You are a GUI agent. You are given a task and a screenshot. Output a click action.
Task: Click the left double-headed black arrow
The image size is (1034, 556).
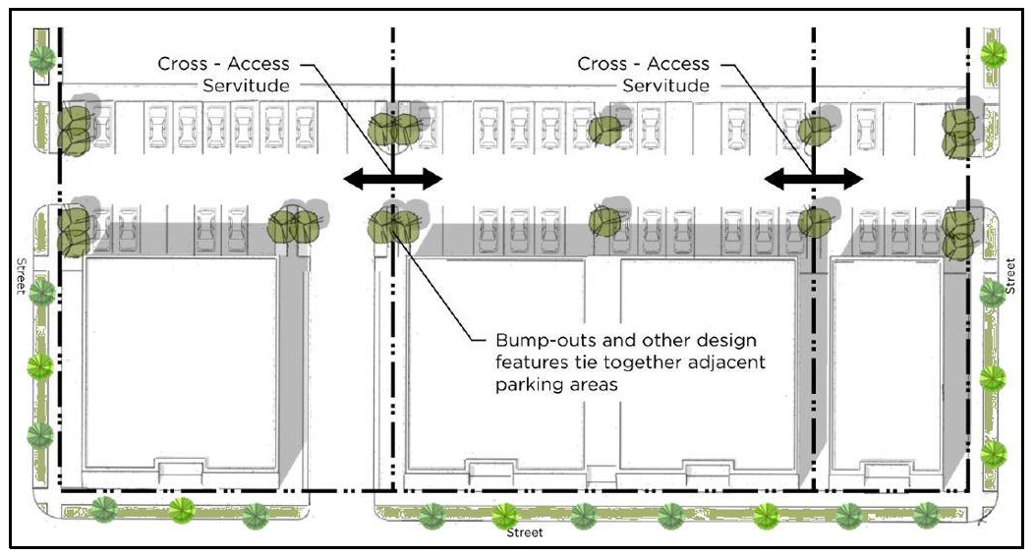393,179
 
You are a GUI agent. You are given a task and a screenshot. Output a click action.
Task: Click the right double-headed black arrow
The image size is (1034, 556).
814,179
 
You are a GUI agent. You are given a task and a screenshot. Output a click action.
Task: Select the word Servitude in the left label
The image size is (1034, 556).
246,85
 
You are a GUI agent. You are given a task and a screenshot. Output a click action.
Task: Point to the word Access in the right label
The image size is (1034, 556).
677,64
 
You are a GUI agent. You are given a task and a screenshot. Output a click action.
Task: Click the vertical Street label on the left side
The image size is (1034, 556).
21,275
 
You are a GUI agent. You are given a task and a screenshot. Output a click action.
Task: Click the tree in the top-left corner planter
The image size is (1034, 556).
42,59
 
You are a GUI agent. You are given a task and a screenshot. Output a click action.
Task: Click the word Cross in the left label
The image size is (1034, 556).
183,64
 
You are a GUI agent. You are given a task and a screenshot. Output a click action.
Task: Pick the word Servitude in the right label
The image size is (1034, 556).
665,85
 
